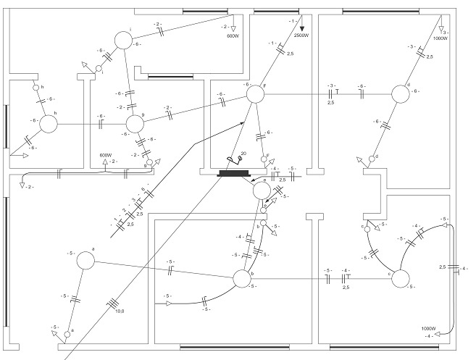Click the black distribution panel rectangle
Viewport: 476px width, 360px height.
pyautogui.click(x=233, y=172)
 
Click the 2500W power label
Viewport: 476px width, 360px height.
pyautogui.click(x=301, y=35)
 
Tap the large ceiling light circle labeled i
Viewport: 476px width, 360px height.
pyautogui.click(x=124, y=41)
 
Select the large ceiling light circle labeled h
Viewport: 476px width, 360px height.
pyautogui.click(x=48, y=123)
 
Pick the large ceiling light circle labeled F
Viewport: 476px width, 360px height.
pyautogui.click(x=255, y=94)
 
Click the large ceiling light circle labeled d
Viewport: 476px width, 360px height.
pyautogui.click(x=401, y=94)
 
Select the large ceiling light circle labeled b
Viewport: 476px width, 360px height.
pyautogui.click(x=241, y=279)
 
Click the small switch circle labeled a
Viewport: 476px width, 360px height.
pyautogui.click(x=67, y=334)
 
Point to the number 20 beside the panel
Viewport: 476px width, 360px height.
pyautogui.click(x=243, y=154)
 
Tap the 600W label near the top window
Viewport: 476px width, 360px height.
pyautogui.click(x=232, y=35)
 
